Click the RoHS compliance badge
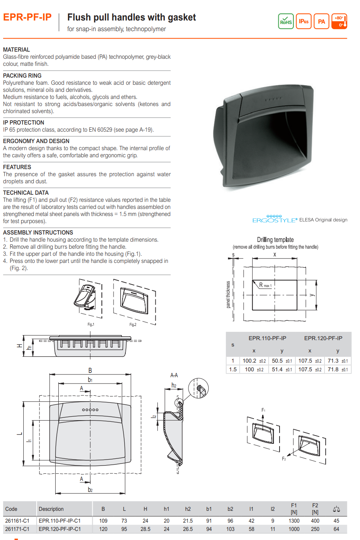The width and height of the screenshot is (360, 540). tap(285, 21)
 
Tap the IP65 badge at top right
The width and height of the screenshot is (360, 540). tap(304, 21)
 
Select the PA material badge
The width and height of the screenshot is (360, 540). tap(321, 21)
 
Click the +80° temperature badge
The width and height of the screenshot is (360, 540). tap(339, 21)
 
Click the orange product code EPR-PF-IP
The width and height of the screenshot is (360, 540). tap(27, 17)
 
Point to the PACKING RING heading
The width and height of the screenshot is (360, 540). tap(22, 76)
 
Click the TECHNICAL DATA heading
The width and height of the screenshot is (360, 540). tap(26, 193)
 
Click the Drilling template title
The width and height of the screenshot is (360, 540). tap(275, 240)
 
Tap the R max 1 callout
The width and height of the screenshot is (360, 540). tap(265, 285)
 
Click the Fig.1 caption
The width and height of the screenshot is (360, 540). tap(91, 324)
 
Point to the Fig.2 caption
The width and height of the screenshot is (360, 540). tap(133, 324)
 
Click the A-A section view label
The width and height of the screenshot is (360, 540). tap(174, 375)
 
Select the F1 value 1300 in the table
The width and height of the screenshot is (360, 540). tap(294, 521)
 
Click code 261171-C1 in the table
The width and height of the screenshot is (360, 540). tap(17, 529)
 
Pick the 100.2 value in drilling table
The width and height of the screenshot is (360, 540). tap(249, 361)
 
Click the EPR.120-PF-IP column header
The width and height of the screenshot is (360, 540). tap(323, 338)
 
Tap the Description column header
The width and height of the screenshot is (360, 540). tap(51, 509)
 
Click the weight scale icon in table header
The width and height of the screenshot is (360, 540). tap(336, 509)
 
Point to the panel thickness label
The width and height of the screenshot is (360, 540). tap(228, 294)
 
